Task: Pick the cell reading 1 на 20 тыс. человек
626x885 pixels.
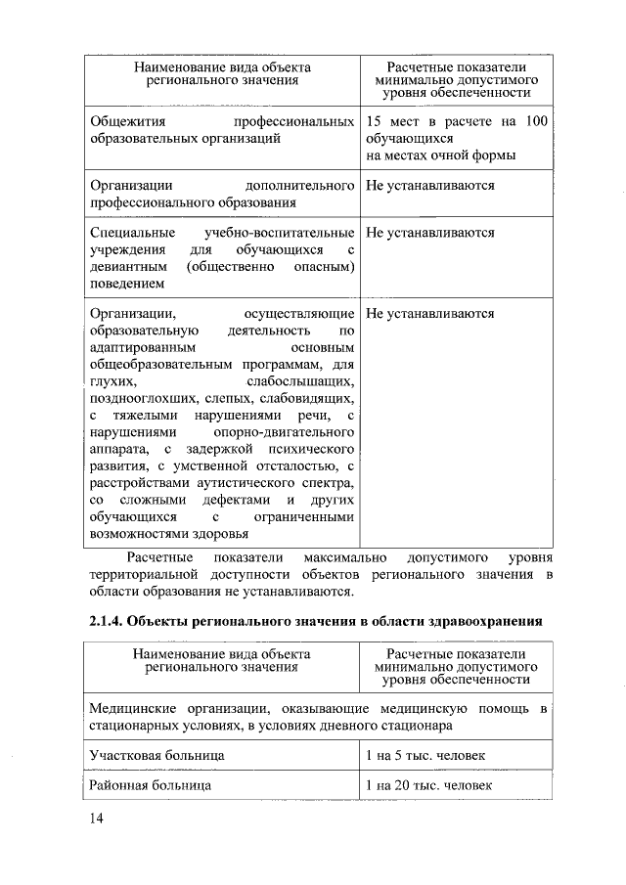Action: point(428,785)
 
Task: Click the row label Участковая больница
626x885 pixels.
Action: point(156,756)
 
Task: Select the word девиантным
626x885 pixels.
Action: point(127,267)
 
